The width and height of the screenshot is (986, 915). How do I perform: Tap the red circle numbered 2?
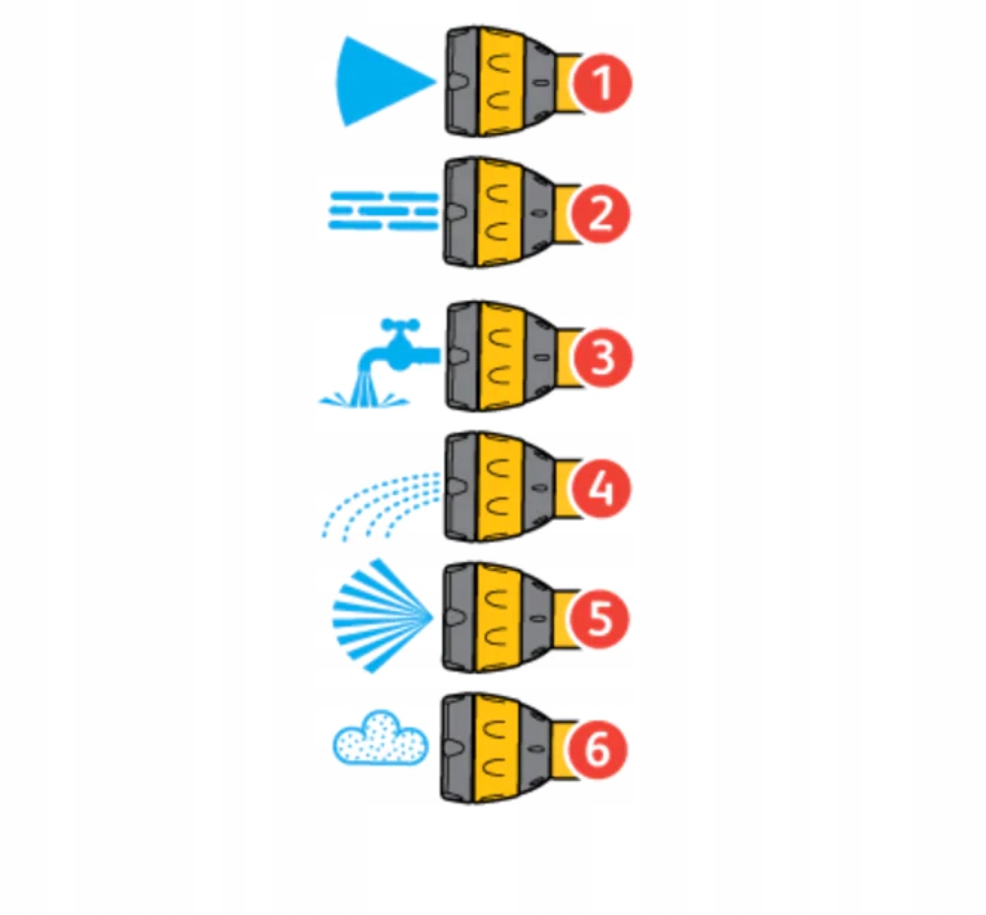click(600, 214)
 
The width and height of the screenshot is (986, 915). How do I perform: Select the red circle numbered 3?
click(601, 357)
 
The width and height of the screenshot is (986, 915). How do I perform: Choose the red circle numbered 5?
click(600, 619)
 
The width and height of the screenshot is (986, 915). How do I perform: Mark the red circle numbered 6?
click(599, 750)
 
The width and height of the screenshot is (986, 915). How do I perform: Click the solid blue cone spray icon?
click(380, 82)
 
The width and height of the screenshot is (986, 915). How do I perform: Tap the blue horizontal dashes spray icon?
click(383, 210)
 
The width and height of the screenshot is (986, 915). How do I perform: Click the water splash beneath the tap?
click(365, 396)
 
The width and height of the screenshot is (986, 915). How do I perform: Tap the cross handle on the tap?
click(401, 324)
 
